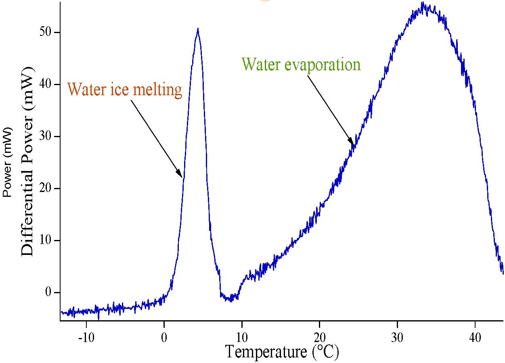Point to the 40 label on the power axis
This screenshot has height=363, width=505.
[x=45, y=84]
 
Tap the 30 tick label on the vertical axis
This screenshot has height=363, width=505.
[x=45, y=136]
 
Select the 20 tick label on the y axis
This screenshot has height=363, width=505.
[x=45, y=188]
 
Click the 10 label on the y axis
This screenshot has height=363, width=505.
[x=45, y=240]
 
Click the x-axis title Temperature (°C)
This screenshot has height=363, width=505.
[x=282, y=352]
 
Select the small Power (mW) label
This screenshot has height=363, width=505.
[x=8, y=161]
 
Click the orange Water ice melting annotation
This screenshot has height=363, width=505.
[x=125, y=89]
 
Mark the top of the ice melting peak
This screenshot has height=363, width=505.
[x=197, y=29]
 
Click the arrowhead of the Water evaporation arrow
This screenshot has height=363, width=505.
[x=353, y=143]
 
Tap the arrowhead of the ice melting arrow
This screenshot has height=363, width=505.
[x=181, y=175]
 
